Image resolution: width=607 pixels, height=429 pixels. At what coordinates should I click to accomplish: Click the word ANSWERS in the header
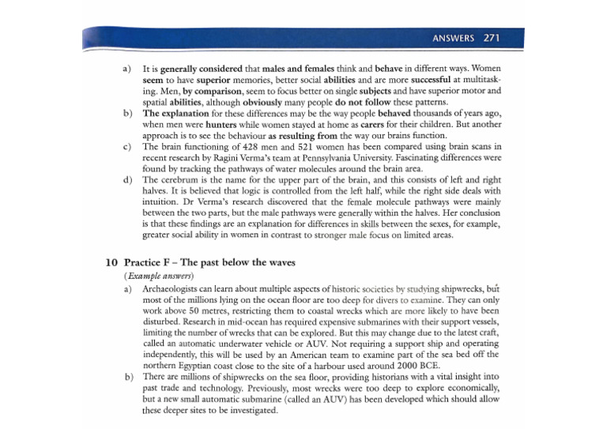453,38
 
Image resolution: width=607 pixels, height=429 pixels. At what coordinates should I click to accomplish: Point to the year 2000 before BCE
427,366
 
